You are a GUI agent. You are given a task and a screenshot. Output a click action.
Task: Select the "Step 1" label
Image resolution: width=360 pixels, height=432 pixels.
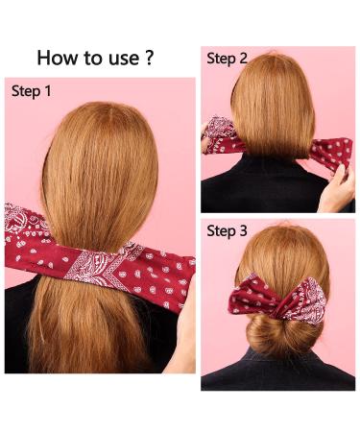click(34, 92)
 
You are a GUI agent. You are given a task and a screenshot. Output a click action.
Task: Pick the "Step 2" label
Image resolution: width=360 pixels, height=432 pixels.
click(228, 59)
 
